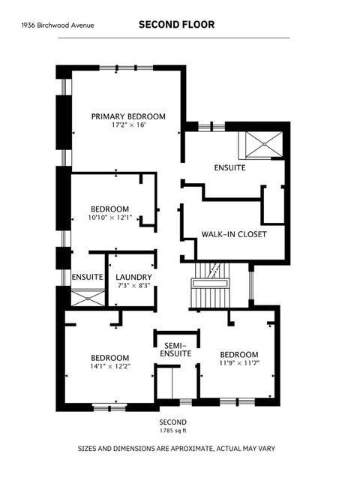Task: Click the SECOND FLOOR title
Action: (x=176, y=25)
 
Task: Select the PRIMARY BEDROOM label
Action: (x=127, y=116)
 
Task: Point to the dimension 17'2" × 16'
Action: (x=127, y=125)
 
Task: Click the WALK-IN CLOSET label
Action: (x=234, y=233)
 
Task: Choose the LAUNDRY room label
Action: (x=133, y=277)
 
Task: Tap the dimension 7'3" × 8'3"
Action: (x=133, y=286)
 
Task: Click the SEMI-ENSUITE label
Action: (x=177, y=349)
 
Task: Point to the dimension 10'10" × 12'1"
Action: (x=109, y=218)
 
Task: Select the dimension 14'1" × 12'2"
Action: (x=109, y=367)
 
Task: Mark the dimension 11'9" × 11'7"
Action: (x=238, y=364)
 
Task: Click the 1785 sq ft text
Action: (x=172, y=431)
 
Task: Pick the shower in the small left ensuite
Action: (x=88, y=297)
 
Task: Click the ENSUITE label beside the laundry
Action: (x=88, y=277)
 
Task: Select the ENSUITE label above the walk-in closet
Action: (x=229, y=168)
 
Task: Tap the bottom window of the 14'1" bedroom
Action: (x=109, y=406)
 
